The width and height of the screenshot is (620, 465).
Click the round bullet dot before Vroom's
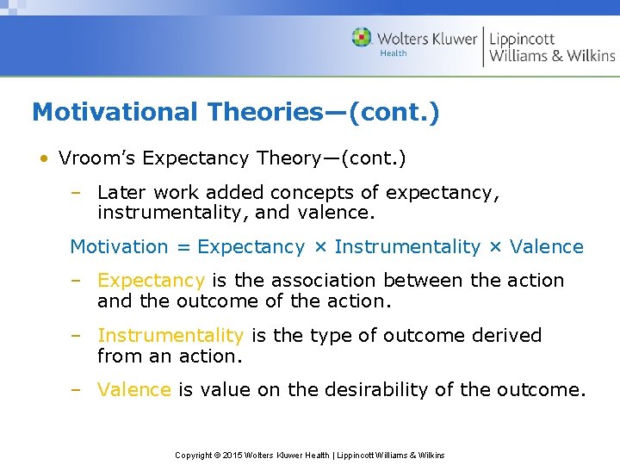coord(42,159)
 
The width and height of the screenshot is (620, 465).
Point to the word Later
coord(121,192)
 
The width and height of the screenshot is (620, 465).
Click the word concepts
coord(305,192)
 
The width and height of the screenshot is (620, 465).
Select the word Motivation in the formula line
coord(119,247)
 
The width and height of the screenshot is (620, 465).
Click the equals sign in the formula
coord(183,247)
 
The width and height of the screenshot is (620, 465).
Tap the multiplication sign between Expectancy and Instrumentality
coord(319,247)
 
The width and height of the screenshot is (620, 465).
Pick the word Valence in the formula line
coord(547,247)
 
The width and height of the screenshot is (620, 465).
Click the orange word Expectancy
coord(151,281)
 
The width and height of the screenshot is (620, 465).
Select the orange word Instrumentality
coord(170,336)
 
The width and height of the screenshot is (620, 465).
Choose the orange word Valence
coord(134,390)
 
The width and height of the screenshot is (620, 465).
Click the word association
coord(325,281)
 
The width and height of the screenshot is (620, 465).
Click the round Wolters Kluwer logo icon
coord(362,38)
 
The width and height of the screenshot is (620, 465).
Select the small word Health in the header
coord(394,54)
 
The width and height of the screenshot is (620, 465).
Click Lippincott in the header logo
coord(523,38)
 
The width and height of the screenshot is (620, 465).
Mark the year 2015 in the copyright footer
coord(232,455)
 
